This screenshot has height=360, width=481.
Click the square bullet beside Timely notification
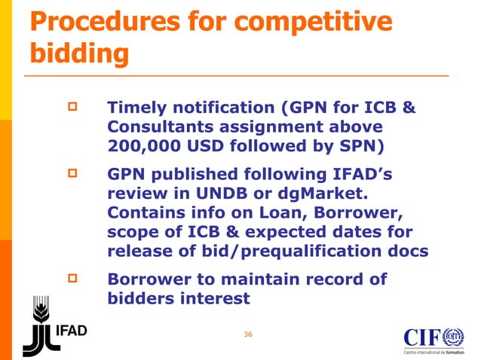pos(74,108)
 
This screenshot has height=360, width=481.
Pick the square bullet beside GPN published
pos(74,175)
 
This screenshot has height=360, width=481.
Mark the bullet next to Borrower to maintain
pos(74,279)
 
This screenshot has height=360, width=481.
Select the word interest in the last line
pos(210,298)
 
